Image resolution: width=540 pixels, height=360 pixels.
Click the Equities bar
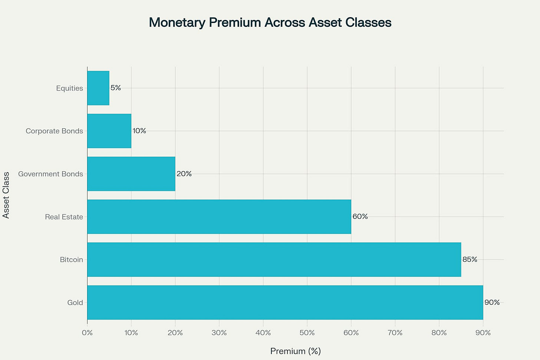[98, 88]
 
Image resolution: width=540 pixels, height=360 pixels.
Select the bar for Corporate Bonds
[109, 131]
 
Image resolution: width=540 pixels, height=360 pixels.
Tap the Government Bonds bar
[131, 174]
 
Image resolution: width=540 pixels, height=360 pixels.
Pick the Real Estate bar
[219, 217]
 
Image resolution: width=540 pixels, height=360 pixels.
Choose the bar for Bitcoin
[274, 260]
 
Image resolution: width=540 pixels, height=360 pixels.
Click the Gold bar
[285, 303]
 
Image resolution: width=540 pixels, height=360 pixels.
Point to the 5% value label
[116, 88]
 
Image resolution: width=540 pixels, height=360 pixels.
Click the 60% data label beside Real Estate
[360, 217]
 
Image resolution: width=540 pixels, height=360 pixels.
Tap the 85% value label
[470, 260]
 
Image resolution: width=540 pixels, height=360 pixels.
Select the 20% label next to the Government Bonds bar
[184, 174]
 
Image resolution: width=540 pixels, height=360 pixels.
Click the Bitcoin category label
[72, 260]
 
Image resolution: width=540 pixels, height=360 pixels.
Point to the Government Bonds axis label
[50, 174]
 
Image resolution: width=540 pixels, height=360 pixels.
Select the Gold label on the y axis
[75, 303]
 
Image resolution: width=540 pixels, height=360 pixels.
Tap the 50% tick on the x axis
[307, 333]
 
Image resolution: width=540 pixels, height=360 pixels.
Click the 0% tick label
[87, 333]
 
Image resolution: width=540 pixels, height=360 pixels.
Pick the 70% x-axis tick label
[395, 333]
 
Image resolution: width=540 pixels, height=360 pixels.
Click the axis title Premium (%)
[295, 351]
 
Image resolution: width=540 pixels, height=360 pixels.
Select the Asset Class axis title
[6, 195]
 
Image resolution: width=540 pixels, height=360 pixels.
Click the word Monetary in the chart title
[177, 23]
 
